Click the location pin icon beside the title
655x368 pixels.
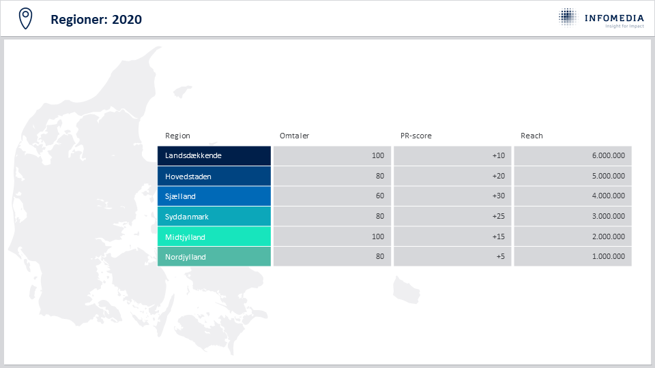point(25,19)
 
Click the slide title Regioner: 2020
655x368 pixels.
point(96,20)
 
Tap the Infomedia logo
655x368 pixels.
point(601,18)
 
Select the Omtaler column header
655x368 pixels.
point(295,136)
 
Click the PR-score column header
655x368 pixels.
point(416,136)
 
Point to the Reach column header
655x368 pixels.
point(532,136)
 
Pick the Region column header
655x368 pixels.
point(177,136)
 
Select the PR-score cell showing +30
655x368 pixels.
point(452,196)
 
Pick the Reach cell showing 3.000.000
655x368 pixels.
point(572,217)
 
